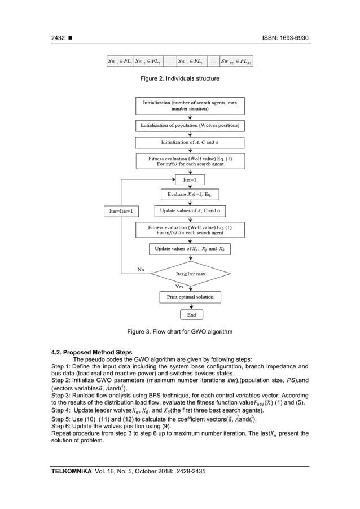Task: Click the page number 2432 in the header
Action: (59, 38)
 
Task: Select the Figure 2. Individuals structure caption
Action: (180, 78)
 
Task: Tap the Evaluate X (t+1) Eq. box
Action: (190, 194)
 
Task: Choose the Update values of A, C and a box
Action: (190, 210)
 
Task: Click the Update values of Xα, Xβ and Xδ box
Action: (190, 248)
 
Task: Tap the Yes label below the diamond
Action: (179, 286)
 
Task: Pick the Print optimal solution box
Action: (190, 297)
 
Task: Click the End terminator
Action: (191, 315)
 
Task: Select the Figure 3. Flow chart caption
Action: (180, 331)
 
